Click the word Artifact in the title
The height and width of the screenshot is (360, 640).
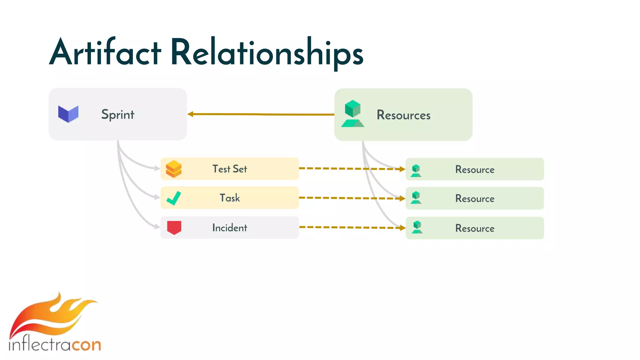tap(105, 52)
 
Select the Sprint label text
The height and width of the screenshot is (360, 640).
tap(117, 115)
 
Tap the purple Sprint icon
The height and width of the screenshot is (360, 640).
tap(68, 114)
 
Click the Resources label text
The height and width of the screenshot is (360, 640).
tap(403, 115)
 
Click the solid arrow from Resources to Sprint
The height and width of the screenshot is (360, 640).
tap(261, 114)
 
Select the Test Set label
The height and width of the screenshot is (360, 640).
tap(230, 169)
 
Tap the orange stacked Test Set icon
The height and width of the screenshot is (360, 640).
tap(173, 169)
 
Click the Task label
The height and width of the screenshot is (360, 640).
tap(230, 198)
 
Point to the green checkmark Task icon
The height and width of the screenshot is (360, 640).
tap(174, 198)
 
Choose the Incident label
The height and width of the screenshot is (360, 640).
tap(230, 228)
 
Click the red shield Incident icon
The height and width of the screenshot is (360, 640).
tap(174, 227)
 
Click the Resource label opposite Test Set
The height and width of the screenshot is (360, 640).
tap(475, 170)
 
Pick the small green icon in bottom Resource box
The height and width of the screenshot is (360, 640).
tap(417, 227)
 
